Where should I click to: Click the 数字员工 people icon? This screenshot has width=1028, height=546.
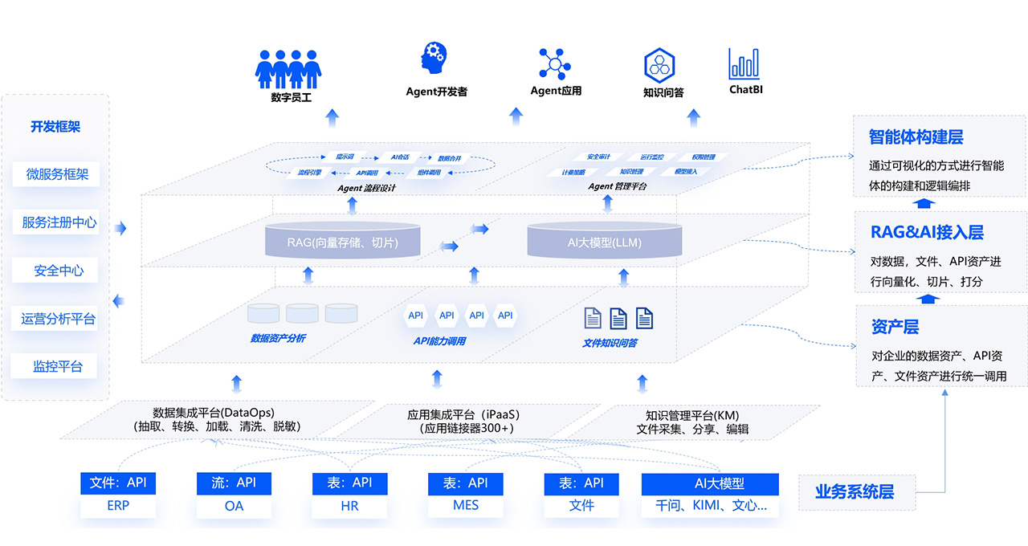[x=289, y=68]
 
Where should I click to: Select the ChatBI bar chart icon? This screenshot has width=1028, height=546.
[x=744, y=63]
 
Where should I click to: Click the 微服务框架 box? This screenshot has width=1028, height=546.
[x=57, y=174]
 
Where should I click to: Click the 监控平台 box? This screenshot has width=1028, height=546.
[x=57, y=366]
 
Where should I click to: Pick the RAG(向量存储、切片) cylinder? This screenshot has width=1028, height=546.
[x=343, y=241]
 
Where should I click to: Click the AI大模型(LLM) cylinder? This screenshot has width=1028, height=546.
[x=605, y=242]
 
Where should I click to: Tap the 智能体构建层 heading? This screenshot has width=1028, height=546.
[x=916, y=136]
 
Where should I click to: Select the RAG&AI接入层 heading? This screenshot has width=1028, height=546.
[x=927, y=233]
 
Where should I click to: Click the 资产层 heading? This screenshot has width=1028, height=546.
[x=895, y=327]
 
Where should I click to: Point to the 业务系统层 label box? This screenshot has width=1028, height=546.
[x=855, y=492]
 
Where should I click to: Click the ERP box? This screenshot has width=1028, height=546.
[x=118, y=507]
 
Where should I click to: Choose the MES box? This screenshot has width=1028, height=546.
[x=466, y=507]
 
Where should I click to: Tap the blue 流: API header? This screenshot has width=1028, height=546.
[x=234, y=483]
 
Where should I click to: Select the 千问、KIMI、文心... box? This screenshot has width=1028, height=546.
[x=710, y=507]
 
